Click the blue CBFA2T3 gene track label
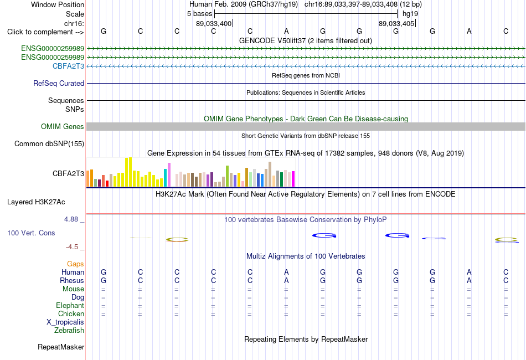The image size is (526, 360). (x=68, y=66)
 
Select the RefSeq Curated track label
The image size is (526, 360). (x=59, y=83)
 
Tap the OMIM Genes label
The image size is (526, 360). (x=63, y=126)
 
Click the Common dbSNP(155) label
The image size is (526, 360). (x=49, y=143)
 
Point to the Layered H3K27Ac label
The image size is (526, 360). (x=36, y=202)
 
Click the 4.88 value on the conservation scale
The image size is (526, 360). (x=71, y=219)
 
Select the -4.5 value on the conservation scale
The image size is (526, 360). (x=72, y=247)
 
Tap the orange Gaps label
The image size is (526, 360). (x=75, y=264)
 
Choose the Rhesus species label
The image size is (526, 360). (x=72, y=280)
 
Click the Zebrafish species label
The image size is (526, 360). (x=69, y=331)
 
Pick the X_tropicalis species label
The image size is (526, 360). (x=65, y=322)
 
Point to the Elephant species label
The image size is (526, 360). (x=70, y=305)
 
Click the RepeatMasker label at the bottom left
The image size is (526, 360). (x=61, y=347)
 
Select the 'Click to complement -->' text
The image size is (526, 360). (x=45, y=32)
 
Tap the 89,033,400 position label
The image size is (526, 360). (x=214, y=23)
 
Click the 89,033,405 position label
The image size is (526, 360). (x=396, y=23)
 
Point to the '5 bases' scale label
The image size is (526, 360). (x=199, y=14)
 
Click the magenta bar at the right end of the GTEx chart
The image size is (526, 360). (x=293, y=179)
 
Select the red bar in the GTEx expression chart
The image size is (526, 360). (x=107, y=183)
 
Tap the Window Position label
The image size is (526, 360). (x=58, y=4)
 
